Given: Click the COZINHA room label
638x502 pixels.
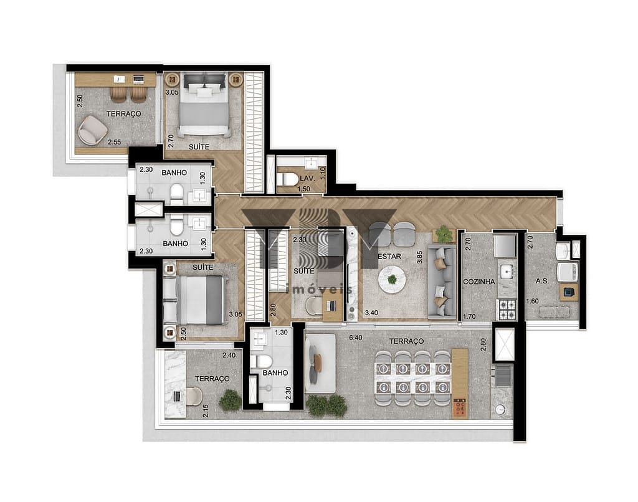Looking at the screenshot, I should coord(479,282).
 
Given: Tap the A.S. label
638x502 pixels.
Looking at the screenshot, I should coord(542,282).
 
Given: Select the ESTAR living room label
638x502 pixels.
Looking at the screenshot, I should coord(388,256).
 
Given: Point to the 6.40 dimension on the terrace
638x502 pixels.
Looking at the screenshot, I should coord(356,338).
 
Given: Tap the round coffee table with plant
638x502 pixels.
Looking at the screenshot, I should coord(391,279).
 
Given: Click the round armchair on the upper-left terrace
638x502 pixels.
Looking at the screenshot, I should coord(93,130).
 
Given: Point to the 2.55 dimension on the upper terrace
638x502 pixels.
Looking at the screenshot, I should coord(113,143).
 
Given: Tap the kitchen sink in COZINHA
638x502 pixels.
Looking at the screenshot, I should coord(506,272).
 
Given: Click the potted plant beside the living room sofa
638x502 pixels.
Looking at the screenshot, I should coord(444,234).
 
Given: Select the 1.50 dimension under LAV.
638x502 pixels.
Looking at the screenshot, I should coord(305,189).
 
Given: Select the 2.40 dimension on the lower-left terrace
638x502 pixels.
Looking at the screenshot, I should coord(230,356).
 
